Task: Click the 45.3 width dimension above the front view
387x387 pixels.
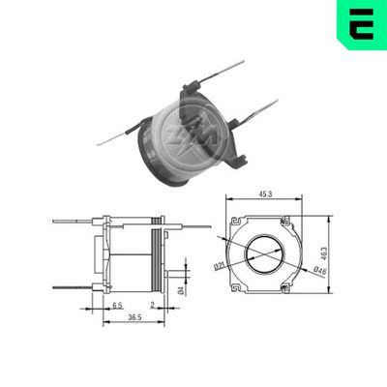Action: [x=263, y=193]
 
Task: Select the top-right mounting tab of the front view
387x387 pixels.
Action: [x=285, y=223]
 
